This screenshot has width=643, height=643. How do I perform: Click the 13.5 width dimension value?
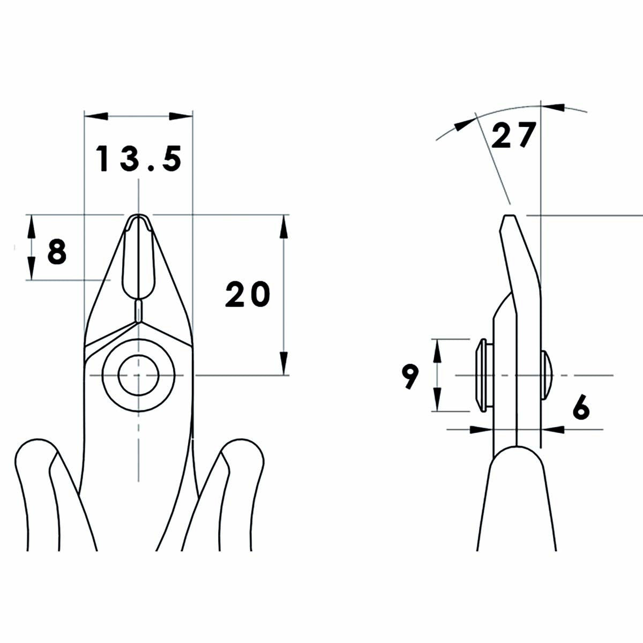pos(139,159)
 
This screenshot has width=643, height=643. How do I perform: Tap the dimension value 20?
pos(248,295)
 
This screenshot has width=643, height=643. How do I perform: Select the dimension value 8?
pos(57,252)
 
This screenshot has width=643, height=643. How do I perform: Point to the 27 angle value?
pos(513,135)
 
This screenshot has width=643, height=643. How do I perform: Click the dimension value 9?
pos(410,376)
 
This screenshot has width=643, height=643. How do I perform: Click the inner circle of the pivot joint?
pos(139,375)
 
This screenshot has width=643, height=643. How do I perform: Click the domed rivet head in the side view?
pos(548,375)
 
